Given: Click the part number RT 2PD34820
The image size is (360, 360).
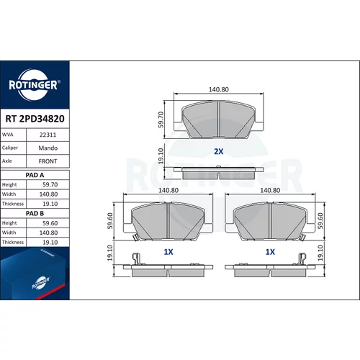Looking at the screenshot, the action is [35, 119].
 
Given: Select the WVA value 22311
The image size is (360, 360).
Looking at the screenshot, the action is [48, 135].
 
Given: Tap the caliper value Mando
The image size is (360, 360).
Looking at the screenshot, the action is [48, 148].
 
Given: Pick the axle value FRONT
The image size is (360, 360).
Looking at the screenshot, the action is [48, 161].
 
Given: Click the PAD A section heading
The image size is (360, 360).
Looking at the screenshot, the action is [35, 175].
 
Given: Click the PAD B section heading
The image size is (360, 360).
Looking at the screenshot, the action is [35, 213].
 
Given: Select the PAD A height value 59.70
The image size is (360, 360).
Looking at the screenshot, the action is [50, 184].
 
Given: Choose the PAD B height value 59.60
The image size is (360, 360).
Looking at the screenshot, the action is [50, 223].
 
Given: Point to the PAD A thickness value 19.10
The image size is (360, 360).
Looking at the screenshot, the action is [50, 204].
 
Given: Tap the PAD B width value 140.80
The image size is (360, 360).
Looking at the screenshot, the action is [48, 233].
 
